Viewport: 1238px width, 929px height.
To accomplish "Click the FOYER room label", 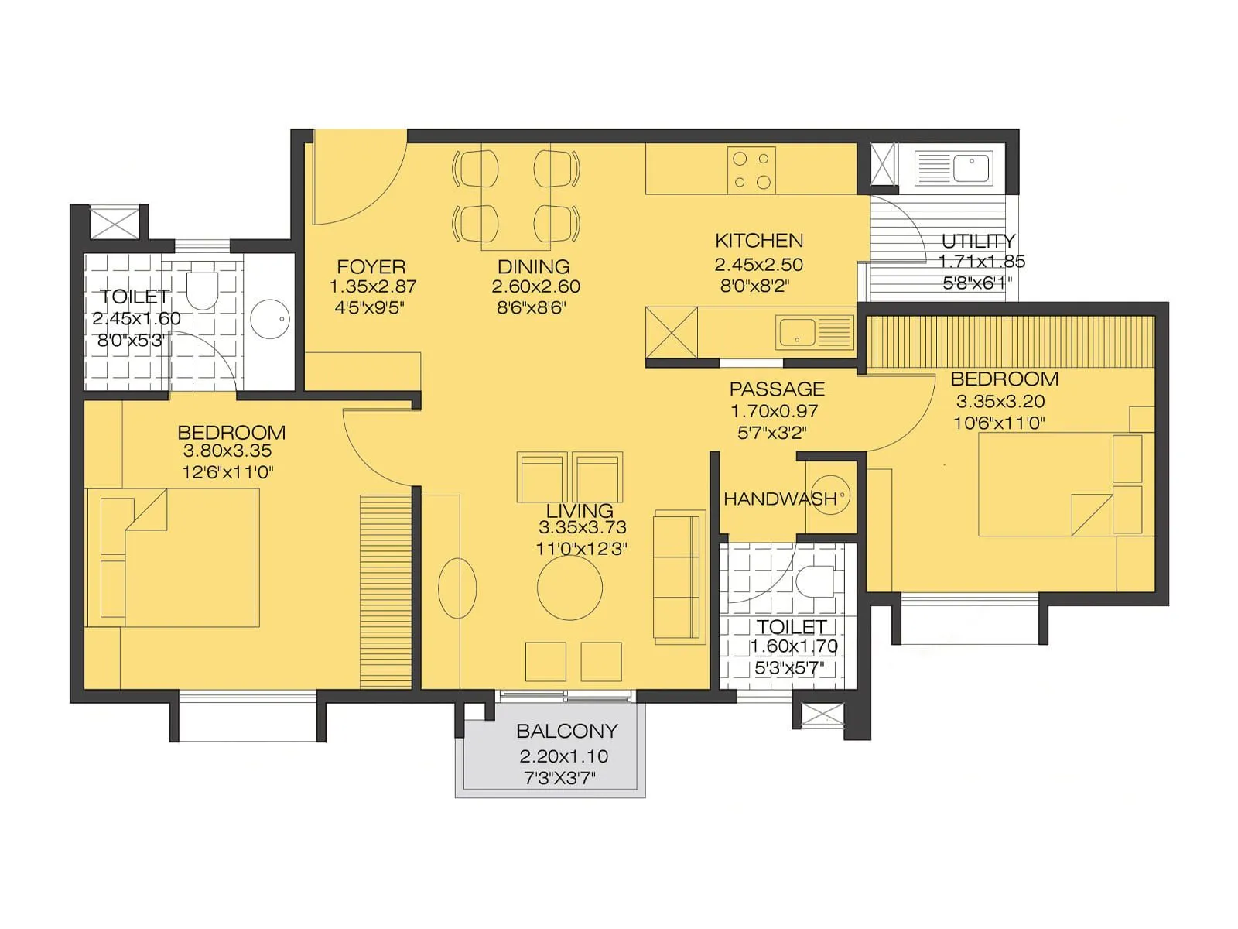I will coord(371,266).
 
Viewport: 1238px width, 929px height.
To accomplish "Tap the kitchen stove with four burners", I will coord(751,170).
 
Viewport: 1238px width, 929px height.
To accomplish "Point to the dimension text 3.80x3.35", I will coord(227,451).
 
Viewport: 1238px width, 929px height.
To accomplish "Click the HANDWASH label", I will coord(779,499).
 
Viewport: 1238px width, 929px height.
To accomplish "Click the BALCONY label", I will coord(566,731).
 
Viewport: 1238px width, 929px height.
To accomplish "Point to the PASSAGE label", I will coord(776,389).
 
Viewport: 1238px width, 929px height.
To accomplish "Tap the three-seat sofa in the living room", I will coord(679,576).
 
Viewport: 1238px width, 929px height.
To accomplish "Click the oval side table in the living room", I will coord(457,588).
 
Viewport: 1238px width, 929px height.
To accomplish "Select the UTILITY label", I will coord(978,241).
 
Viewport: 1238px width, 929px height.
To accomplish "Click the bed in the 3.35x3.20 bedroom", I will coord(1060,485).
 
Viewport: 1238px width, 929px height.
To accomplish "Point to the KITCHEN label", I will coord(758,241).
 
